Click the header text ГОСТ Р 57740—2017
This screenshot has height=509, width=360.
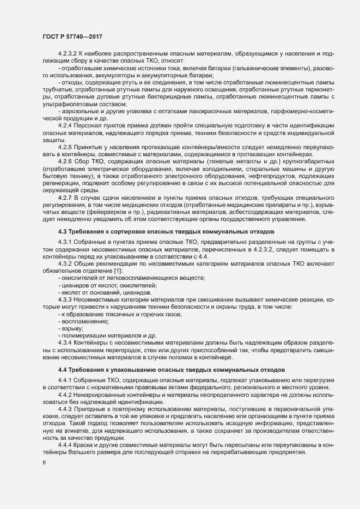click(x=72, y=37)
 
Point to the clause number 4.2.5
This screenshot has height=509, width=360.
click(x=65, y=147)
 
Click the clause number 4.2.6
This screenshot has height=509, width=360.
click(x=65, y=162)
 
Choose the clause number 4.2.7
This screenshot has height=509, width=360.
click(x=65, y=197)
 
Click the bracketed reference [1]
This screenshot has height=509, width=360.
click(x=118, y=271)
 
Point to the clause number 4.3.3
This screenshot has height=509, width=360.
click(x=65, y=299)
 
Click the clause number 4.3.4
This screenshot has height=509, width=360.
click(x=65, y=342)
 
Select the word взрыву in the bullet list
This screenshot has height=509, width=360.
click(x=72, y=328)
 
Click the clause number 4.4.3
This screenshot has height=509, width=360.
click(x=65, y=409)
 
